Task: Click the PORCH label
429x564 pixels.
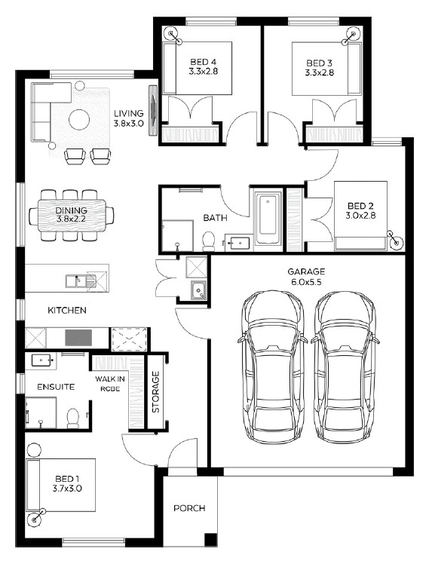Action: click(189, 508)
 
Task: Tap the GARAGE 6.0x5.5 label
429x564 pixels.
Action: click(306, 277)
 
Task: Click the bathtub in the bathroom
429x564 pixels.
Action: click(268, 219)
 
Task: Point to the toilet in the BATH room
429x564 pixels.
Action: click(209, 241)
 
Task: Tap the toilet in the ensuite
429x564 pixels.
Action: click(73, 418)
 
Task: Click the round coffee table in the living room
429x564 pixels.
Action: click(79, 120)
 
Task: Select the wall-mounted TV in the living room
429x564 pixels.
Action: click(153, 110)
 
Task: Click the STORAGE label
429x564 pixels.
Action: click(156, 392)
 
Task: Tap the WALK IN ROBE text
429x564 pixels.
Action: click(110, 384)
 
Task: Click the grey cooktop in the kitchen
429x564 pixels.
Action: click(78, 338)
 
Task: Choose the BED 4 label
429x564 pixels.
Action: click(203, 66)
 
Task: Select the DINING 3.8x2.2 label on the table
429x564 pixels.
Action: click(71, 214)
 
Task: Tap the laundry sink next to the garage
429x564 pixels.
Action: click(198, 290)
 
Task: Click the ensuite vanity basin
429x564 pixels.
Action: click(42, 360)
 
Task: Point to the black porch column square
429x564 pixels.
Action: click(210, 539)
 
